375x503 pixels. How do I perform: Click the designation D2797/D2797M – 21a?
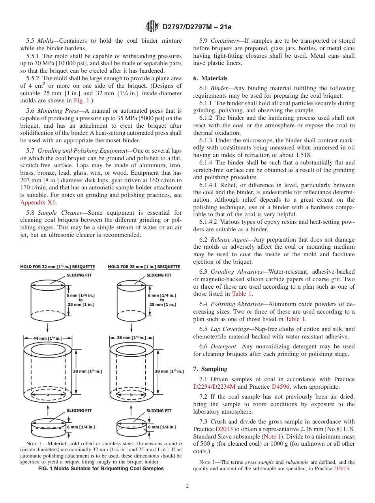click(x=197, y=27)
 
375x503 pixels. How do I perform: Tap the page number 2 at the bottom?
click(x=187, y=486)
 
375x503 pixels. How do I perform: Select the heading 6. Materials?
click(x=210, y=78)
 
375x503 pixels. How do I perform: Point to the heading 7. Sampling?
click(x=210, y=369)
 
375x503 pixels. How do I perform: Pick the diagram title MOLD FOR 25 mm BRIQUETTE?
click(x=144, y=267)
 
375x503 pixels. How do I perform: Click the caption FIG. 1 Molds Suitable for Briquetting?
click(x=101, y=469)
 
